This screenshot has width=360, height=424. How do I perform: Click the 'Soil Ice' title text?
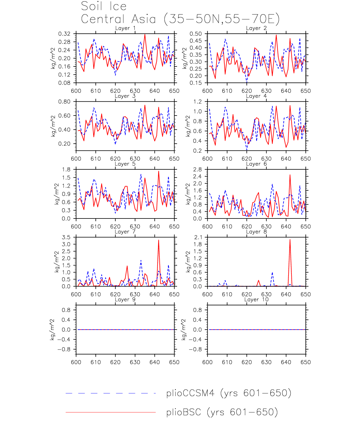[x=104, y=6]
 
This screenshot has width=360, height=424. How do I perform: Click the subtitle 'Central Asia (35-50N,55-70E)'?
[x=180, y=19]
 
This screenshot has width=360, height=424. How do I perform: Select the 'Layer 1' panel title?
[x=125, y=28]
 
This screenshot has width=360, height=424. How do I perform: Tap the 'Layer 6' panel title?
[x=256, y=164]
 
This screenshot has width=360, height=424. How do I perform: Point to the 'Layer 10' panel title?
[x=256, y=300]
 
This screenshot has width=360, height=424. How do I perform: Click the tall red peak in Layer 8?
[x=290, y=240]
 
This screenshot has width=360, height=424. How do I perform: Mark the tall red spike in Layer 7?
[x=159, y=241]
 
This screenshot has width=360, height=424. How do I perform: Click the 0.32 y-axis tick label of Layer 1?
[x=64, y=34]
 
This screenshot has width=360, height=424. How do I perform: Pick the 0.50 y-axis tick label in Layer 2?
[x=196, y=34]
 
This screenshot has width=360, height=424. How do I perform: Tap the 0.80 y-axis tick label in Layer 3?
[x=64, y=102]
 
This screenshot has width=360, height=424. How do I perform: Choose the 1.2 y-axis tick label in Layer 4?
[x=198, y=102]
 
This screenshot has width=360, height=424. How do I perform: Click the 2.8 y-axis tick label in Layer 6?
[x=198, y=170]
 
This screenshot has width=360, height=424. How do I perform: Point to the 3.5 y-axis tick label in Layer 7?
[x=66, y=237]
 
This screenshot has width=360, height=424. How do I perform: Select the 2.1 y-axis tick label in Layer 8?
[x=198, y=237]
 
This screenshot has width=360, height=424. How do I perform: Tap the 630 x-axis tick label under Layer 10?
[x=266, y=362]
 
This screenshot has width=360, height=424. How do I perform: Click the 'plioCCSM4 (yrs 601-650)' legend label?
[x=229, y=393]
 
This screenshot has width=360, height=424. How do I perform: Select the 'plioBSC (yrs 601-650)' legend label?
[x=222, y=412]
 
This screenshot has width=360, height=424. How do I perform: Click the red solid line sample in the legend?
[x=111, y=412]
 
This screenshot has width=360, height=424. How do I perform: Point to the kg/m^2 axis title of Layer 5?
[x=56, y=194]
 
